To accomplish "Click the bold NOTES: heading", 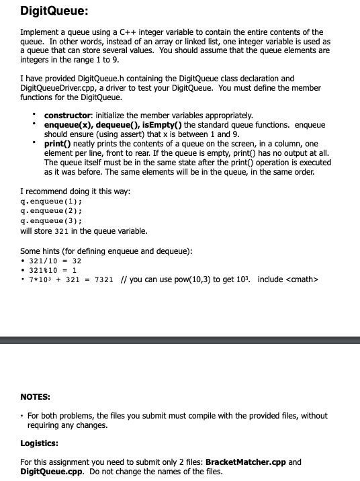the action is (36, 396).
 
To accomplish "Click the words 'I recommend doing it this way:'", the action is (75, 191).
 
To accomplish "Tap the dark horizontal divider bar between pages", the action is (180, 341).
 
